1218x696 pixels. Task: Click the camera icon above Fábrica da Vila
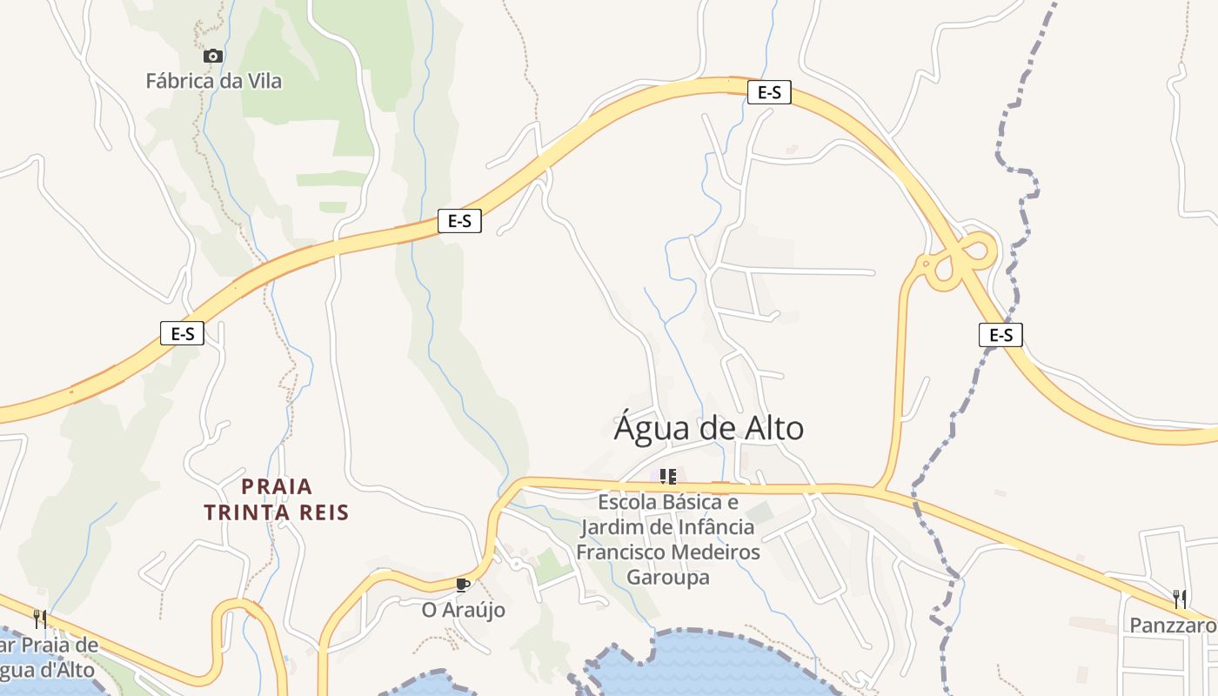[x=212, y=57]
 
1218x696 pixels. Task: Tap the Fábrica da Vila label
[x=214, y=82]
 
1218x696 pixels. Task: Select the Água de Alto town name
[x=709, y=429]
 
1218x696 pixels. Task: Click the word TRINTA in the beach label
[x=249, y=512]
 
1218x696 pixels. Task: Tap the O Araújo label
[x=463, y=611]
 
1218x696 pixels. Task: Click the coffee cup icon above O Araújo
[x=462, y=584]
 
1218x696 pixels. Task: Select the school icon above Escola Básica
[x=667, y=476]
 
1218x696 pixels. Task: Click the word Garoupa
[x=668, y=578]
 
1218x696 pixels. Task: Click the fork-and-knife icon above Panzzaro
[x=1180, y=599]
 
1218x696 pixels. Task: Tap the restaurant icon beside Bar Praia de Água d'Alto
[x=39, y=619]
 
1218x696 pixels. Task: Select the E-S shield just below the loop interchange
[x=1000, y=335]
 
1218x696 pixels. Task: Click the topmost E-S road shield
[x=769, y=92]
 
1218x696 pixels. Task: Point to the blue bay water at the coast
[x=713, y=666]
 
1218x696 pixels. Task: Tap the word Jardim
[x=609, y=527]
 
